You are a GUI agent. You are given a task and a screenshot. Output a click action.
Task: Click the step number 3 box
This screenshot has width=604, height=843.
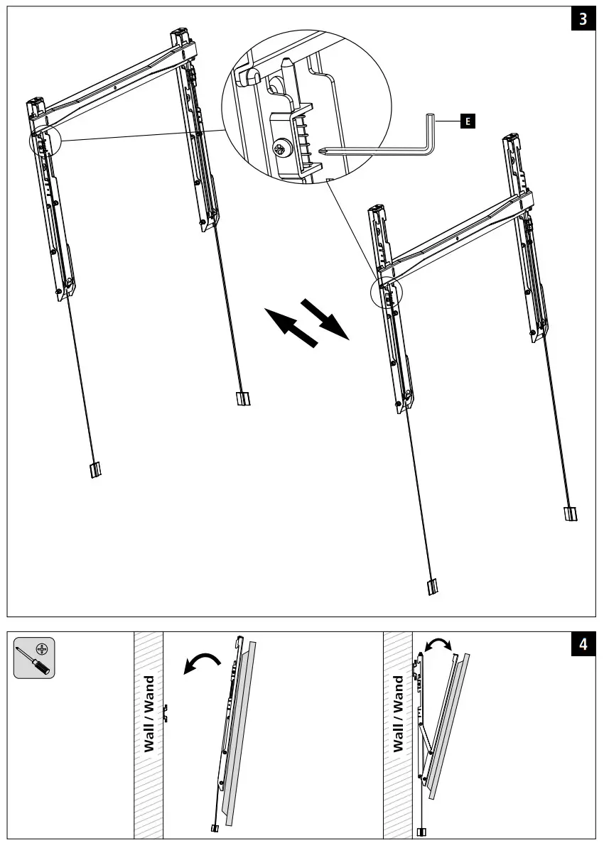point(583,19)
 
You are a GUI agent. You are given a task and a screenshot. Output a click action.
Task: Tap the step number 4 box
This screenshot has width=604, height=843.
point(583,645)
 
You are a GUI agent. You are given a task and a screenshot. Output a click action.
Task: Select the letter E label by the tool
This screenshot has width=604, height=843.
point(467,122)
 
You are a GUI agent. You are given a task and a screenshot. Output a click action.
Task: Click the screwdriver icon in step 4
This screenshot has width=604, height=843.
point(35,658)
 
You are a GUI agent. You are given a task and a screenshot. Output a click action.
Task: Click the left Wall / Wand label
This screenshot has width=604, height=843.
point(149,714)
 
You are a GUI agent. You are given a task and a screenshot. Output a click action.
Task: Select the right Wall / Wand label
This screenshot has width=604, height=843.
point(398,714)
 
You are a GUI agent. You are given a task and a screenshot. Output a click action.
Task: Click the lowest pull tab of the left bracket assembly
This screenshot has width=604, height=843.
point(95,470)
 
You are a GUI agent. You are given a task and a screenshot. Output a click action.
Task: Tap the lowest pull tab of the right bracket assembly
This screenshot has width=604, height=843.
point(432,587)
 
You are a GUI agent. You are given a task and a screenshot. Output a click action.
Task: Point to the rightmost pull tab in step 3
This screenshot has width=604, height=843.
point(571,514)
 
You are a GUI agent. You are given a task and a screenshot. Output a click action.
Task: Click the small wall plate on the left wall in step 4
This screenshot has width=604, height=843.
point(165,712)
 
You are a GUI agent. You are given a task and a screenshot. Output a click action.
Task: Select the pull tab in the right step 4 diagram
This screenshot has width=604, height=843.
point(421,832)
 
